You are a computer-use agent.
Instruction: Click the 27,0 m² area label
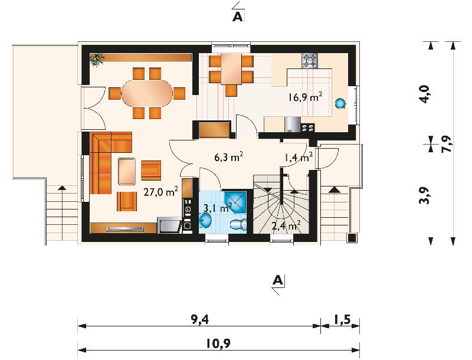coord(160,191)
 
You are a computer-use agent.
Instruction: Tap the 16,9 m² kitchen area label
coord(305,97)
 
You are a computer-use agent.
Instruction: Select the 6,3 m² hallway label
coord(229,157)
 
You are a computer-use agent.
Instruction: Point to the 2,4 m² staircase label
coord(286,225)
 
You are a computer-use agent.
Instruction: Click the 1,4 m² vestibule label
coord(299,157)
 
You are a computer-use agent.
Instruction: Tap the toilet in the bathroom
coord(238,224)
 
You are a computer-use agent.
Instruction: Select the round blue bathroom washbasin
coord(205,221)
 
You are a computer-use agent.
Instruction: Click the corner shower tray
coord(235,201)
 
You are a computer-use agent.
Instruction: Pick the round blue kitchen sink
coord(340,103)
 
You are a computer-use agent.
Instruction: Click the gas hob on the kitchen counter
coord(310,61)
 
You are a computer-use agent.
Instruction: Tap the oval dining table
coord(147,93)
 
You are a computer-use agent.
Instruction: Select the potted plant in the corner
coord(97,59)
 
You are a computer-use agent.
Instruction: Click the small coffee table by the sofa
coord(127,171)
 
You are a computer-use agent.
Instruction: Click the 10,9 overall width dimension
coord(218,343)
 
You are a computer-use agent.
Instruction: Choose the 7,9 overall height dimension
coord(447,144)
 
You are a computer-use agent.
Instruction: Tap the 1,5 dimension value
coord(342,319)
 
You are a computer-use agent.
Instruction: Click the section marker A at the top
coord(238,17)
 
